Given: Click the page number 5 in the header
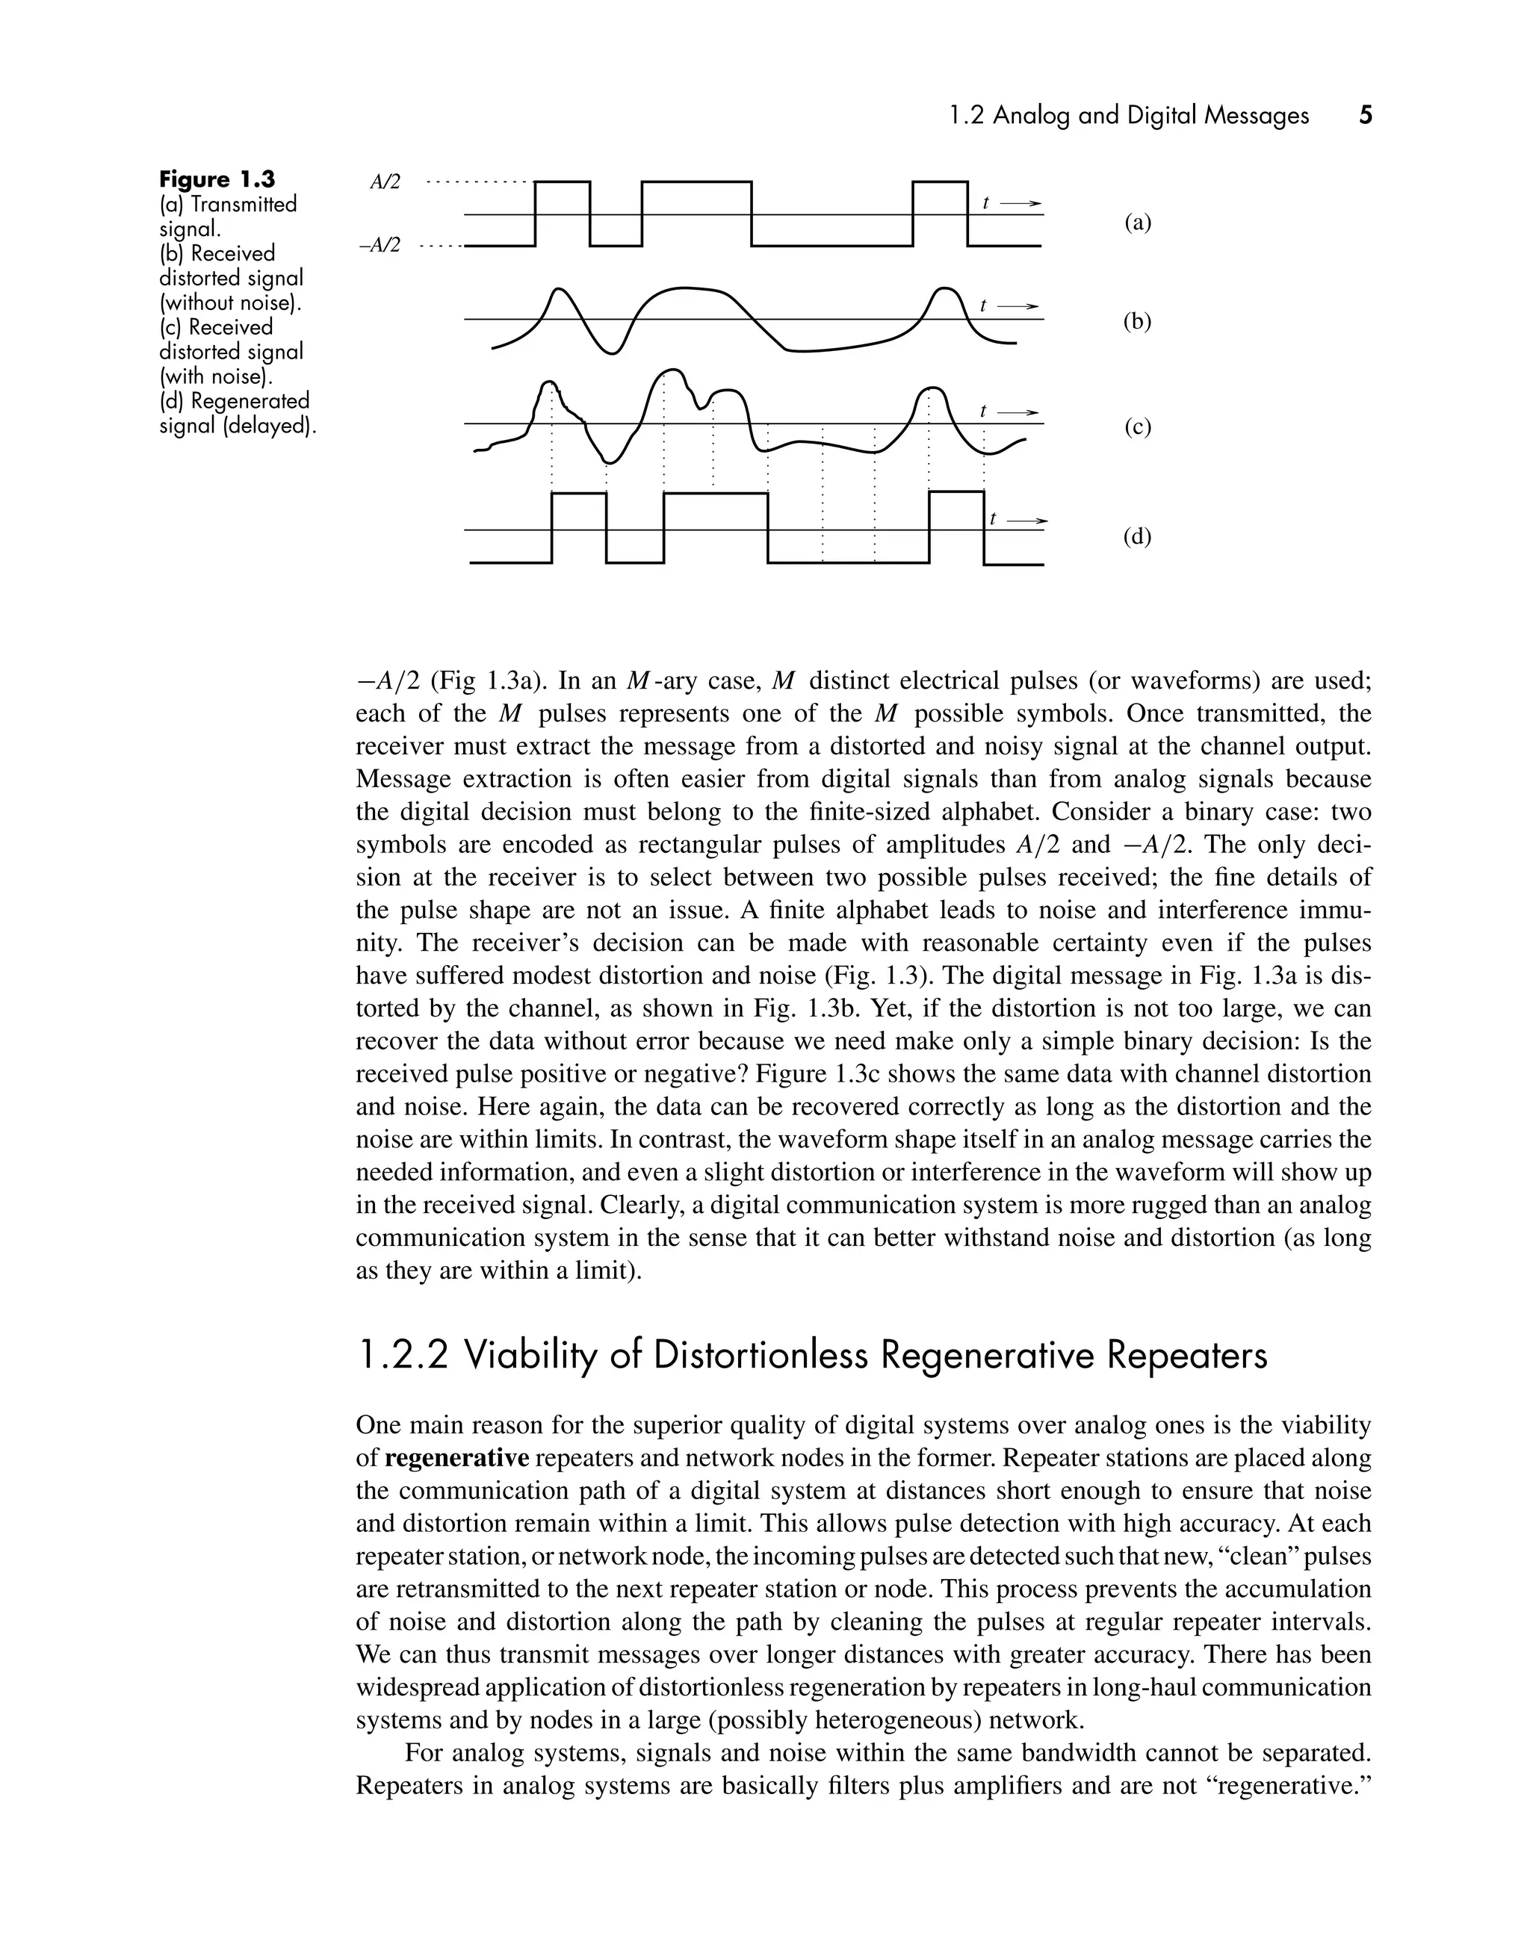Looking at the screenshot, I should point(1365,116).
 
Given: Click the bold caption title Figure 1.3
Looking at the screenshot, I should point(217,179).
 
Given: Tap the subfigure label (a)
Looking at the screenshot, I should point(1138,223).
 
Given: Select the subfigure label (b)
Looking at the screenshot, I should point(1138,322).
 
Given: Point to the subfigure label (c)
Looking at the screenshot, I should point(1138,427).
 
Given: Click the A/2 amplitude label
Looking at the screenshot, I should point(385,182).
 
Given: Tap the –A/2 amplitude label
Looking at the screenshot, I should point(381,244).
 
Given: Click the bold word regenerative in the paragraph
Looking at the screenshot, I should point(457,1458).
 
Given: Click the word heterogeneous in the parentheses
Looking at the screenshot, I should point(915,1721).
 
